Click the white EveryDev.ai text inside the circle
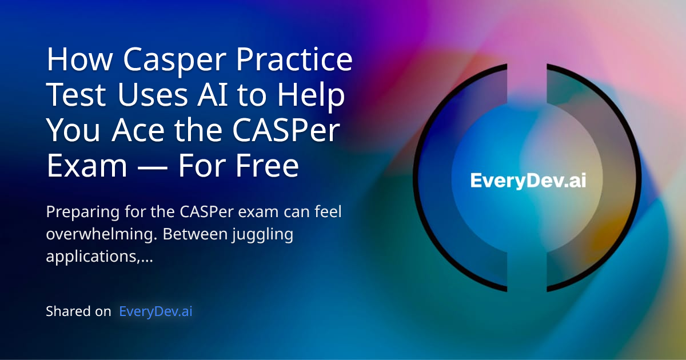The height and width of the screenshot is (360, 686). point(528,181)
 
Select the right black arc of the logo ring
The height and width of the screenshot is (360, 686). point(635,180)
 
